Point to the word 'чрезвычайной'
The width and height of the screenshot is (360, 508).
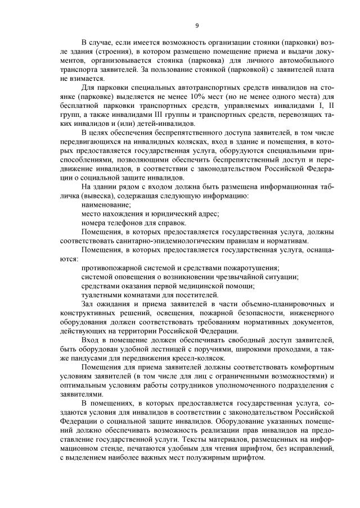coord(228,277)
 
